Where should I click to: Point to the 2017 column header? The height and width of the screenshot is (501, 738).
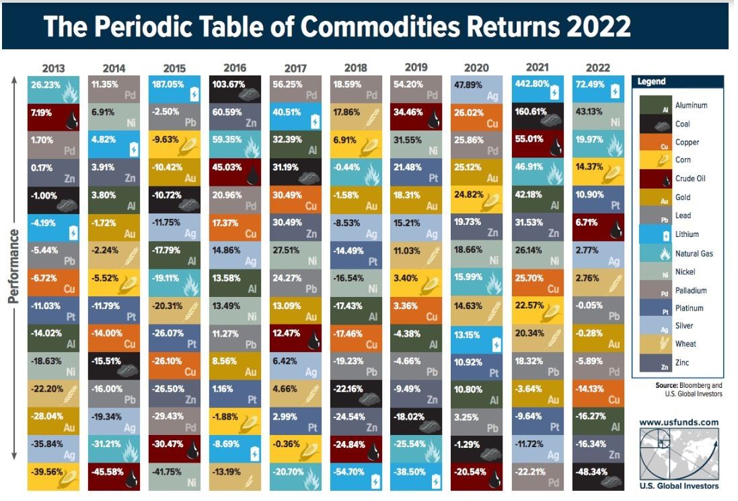pos(296,68)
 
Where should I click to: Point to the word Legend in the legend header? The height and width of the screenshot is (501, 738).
pos(652,82)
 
